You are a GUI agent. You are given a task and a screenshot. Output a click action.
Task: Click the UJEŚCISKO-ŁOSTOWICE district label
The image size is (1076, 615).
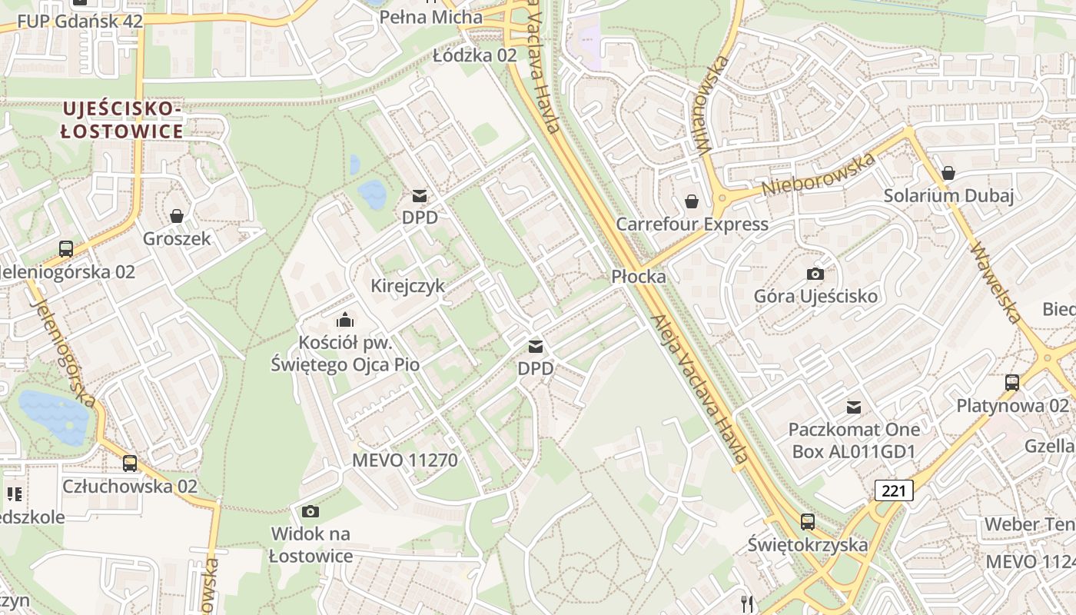click(x=122, y=120)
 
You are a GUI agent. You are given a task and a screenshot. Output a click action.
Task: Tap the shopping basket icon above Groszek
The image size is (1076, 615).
click(x=177, y=216)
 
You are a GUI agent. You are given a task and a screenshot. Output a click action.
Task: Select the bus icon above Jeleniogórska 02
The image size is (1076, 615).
click(x=66, y=249)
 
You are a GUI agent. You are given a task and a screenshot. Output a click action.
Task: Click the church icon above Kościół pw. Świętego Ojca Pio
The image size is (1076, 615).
click(x=345, y=319)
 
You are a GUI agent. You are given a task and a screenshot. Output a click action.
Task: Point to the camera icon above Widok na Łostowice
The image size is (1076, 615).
click(x=311, y=511)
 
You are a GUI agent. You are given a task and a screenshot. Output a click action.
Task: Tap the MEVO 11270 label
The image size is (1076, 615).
click(x=404, y=460)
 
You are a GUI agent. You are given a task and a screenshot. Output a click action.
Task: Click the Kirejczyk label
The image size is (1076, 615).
click(x=408, y=286)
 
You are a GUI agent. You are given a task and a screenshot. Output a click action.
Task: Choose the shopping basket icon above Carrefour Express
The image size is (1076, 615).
click(x=692, y=201)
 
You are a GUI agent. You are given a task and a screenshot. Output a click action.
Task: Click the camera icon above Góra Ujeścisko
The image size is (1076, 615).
click(x=815, y=274)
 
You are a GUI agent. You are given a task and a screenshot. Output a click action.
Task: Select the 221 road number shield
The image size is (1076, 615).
click(x=894, y=490)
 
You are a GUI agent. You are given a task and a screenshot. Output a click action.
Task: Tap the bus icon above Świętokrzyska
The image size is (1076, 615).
click(x=808, y=522)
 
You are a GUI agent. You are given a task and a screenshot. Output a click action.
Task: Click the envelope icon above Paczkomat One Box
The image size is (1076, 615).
click(x=853, y=407)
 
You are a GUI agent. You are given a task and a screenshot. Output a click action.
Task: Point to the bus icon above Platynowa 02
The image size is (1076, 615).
click(x=1012, y=383)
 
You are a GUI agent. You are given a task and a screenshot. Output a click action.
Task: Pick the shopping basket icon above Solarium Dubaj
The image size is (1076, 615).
click(x=948, y=173)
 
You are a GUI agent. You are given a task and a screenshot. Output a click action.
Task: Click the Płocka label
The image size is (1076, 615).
click(x=639, y=277)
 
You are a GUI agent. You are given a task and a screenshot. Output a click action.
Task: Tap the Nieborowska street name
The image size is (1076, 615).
click(x=819, y=175)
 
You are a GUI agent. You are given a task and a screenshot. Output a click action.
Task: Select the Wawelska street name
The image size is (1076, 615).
click(x=997, y=283)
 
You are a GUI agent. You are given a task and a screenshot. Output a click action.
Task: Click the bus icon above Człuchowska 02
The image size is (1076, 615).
click(x=130, y=464)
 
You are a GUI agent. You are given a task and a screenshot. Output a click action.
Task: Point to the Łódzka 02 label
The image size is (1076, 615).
click(x=475, y=55)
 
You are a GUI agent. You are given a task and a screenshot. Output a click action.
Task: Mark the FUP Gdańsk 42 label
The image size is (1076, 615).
click(x=80, y=21)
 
